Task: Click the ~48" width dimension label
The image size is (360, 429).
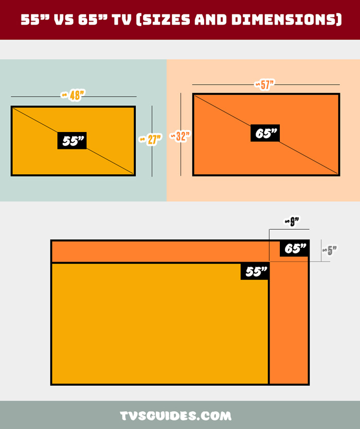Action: (x=73, y=95)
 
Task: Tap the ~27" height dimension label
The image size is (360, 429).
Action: (x=150, y=139)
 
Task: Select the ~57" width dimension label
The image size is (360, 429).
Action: (x=264, y=85)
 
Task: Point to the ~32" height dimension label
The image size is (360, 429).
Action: (x=179, y=136)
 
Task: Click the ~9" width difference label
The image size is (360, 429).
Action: (x=292, y=221)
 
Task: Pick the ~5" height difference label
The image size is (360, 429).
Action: (x=330, y=250)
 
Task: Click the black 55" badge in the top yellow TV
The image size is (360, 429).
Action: (x=72, y=141)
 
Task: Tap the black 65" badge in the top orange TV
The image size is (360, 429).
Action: (x=265, y=133)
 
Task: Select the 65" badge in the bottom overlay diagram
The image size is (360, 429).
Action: (x=294, y=249)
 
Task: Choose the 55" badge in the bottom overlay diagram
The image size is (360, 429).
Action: (x=255, y=271)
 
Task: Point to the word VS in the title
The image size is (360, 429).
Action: (x=64, y=20)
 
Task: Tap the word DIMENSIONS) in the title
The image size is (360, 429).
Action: (x=287, y=20)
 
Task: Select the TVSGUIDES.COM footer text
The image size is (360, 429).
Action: (x=175, y=416)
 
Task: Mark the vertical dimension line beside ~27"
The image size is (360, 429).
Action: (x=152, y=141)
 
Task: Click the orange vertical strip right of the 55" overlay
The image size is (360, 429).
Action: (x=289, y=323)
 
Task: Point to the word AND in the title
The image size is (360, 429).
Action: (x=211, y=20)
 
